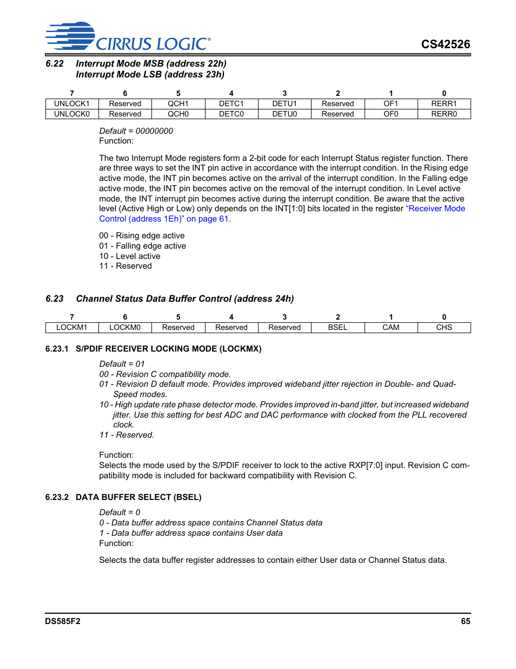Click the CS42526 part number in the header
click(x=445, y=44)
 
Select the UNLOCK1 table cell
click(x=71, y=103)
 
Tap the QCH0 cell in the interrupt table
click(x=178, y=114)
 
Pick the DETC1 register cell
click(x=231, y=103)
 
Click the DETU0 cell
click(x=285, y=114)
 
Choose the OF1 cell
click(x=391, y=103)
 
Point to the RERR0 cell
click(x=444, y=114)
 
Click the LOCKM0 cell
click(x=125, y=327)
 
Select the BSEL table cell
click(x=338, y=327)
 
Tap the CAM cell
click(x=391, y=327)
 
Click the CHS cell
click(x=444, y=327)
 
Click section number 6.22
click(x=55, y=64)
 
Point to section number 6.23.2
click(x=57, y=497)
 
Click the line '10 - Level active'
click(x=130, y=256)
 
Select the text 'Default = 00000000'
click(x=136, y=131)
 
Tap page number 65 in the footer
click(x=465, y=621)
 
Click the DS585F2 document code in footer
click(x=63, y=621)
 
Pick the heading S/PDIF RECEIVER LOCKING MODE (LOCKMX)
click(x=168, y=349)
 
